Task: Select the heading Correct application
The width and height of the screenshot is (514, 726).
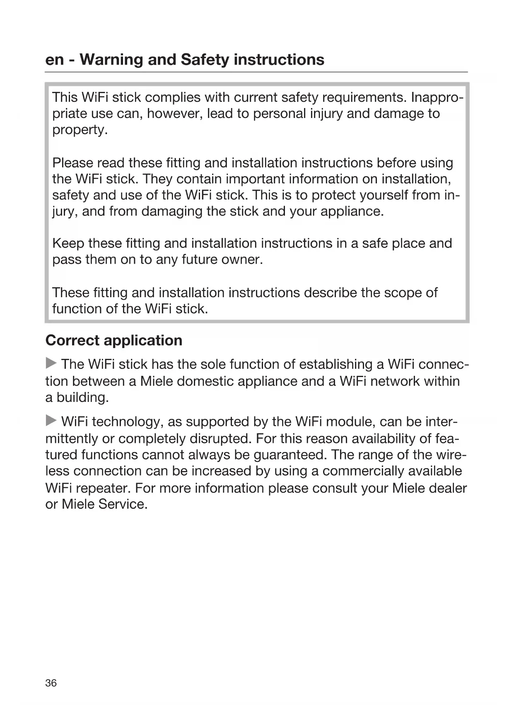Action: pyautogui.click(x=114, y=340)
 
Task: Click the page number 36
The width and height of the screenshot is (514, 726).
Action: pyautogui.click(x=51, y=683)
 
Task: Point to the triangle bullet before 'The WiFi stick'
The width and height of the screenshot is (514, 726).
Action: pyautogui.click(x=51, y=363)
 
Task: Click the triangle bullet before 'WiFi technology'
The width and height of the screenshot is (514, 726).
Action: pyautogui.click(x=51, y=421)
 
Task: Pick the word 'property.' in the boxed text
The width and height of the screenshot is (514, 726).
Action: pyautogui.click(x=80, y=130)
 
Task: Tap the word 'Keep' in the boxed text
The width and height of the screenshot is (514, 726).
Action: pyautogui.click(x=68, y=243)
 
